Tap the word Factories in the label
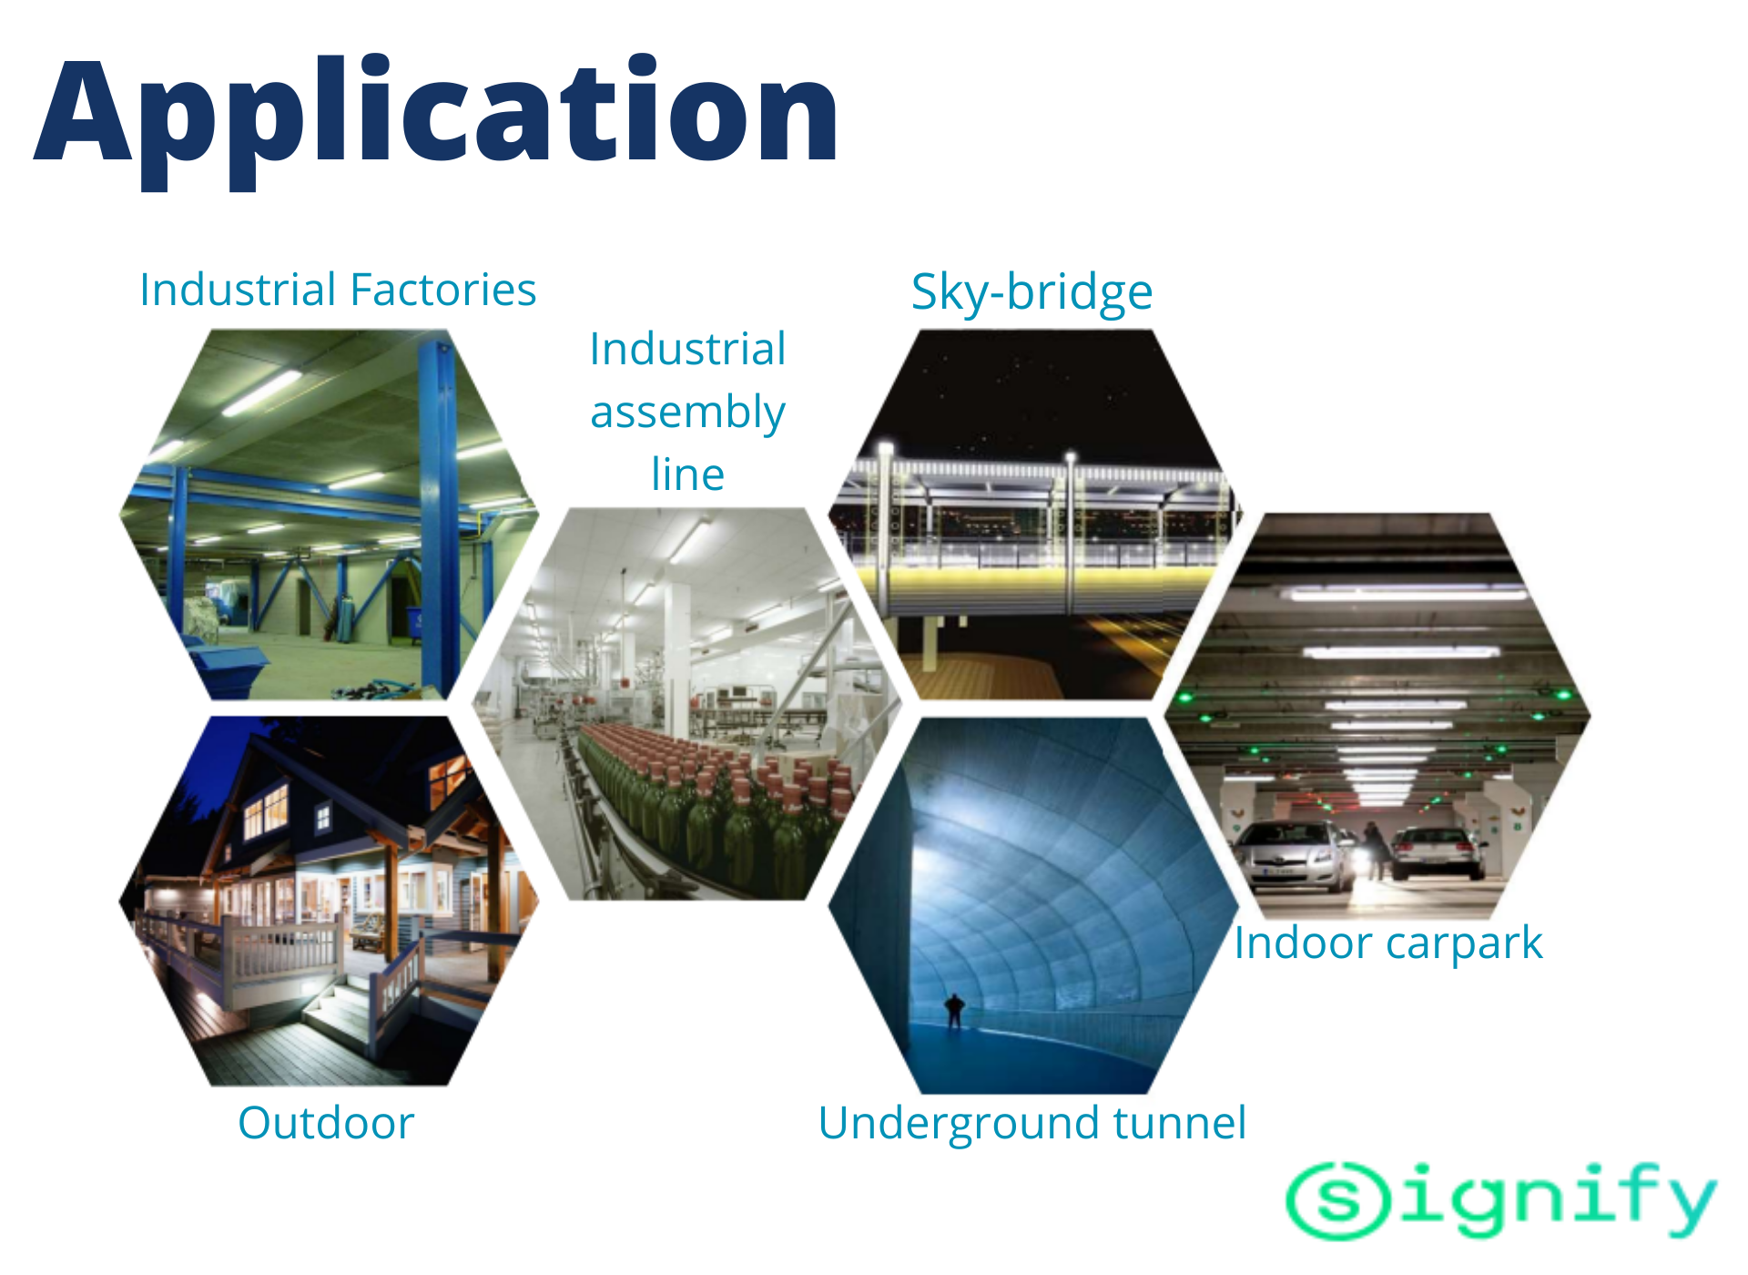pyautogui.click(x=443, y=290)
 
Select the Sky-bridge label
pyautogui.click(x=1032, y=293)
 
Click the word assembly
pyautogui.click(x=687, y=413)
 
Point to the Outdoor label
pyautogui.click(x=326, y=1122)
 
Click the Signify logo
pyautogui.click(x=1501, y=1200)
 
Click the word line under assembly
pyautogui.click(x=687, y=474)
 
